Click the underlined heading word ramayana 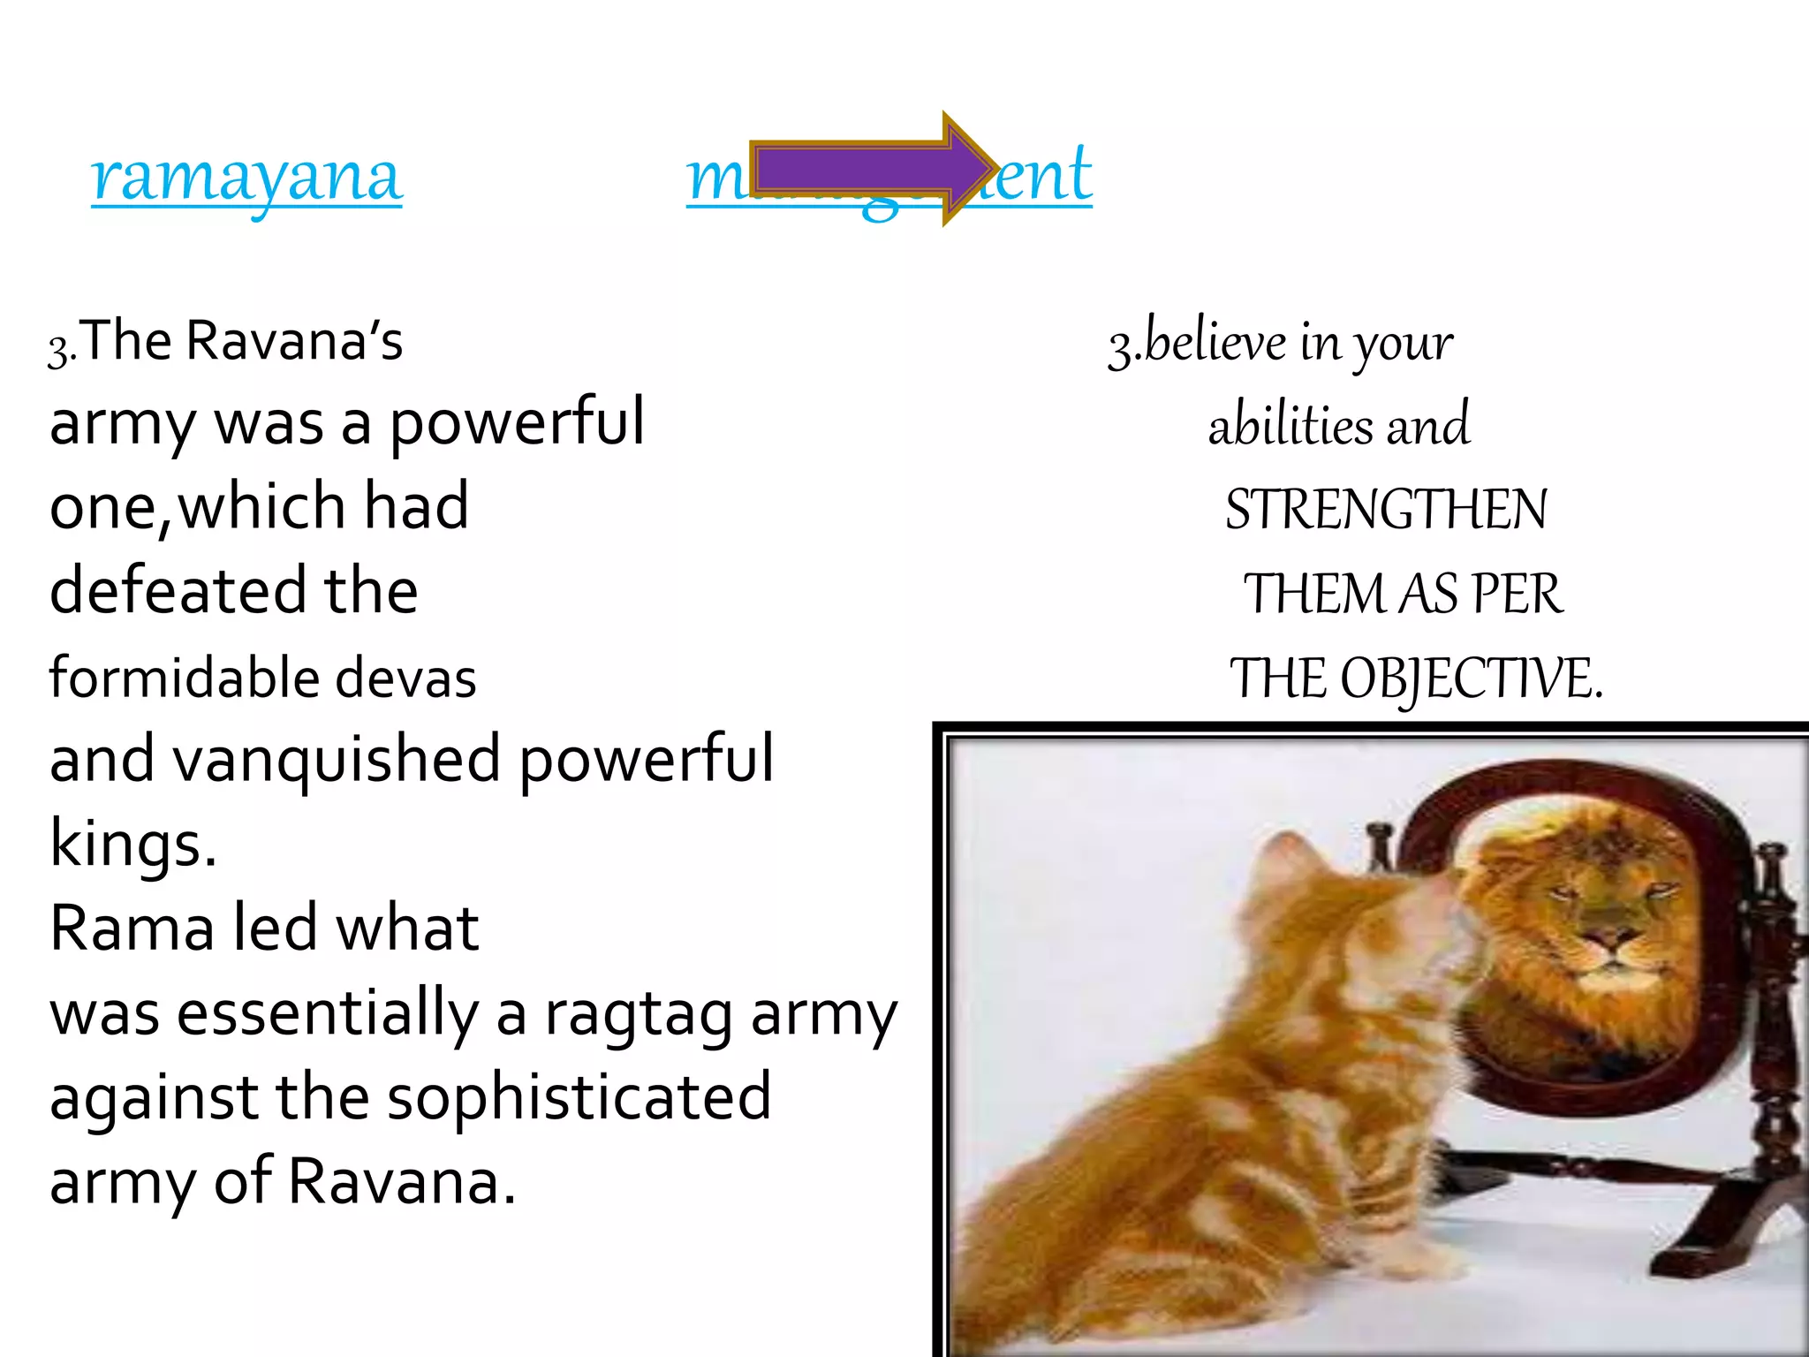pos(246,177)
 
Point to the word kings pos(132,844)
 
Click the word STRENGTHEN pos(1386,510)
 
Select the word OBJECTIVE pos(1471,679)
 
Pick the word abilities pos(1291,426)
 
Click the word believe pos(1215,342)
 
